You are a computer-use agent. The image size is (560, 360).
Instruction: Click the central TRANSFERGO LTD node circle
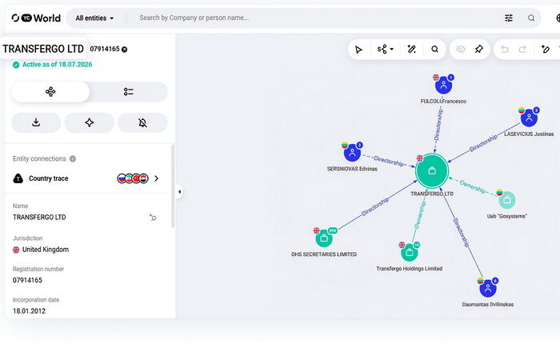click(432, 170)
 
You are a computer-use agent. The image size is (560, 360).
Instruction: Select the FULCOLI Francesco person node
click(443, 86)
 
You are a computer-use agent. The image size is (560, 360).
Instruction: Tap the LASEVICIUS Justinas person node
click(529, 118)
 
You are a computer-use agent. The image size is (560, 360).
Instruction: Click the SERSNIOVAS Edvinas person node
click(352, 153)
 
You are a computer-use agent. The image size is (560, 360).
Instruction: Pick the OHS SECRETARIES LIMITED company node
click(324, 238)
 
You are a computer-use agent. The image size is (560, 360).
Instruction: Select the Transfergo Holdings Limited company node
click(410, 253)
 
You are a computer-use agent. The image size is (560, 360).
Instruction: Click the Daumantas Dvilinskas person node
click(488, 288)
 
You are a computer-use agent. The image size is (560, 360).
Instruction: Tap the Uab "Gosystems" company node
click(506, 200)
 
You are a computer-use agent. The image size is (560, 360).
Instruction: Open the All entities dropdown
click(94, 18)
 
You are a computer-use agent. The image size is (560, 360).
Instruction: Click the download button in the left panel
click(36, 122)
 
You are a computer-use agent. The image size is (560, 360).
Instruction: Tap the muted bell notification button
click(142, 122)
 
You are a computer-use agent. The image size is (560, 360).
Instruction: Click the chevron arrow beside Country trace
click(157, 178)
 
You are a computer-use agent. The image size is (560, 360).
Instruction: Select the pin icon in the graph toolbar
click(479, 50)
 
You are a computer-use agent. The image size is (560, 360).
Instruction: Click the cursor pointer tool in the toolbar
click(358, 50)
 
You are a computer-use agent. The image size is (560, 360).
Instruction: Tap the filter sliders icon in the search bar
click(509, 18)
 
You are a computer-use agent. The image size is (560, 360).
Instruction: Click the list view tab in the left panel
click(129, 92)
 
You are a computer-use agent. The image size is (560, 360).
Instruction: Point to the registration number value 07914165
click(27, 280)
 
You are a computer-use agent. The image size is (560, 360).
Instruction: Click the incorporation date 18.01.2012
click(30, 310)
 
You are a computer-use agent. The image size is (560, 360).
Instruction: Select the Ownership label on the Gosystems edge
click(473, 186)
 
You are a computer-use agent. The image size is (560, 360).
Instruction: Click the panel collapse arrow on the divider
click(179, 192)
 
